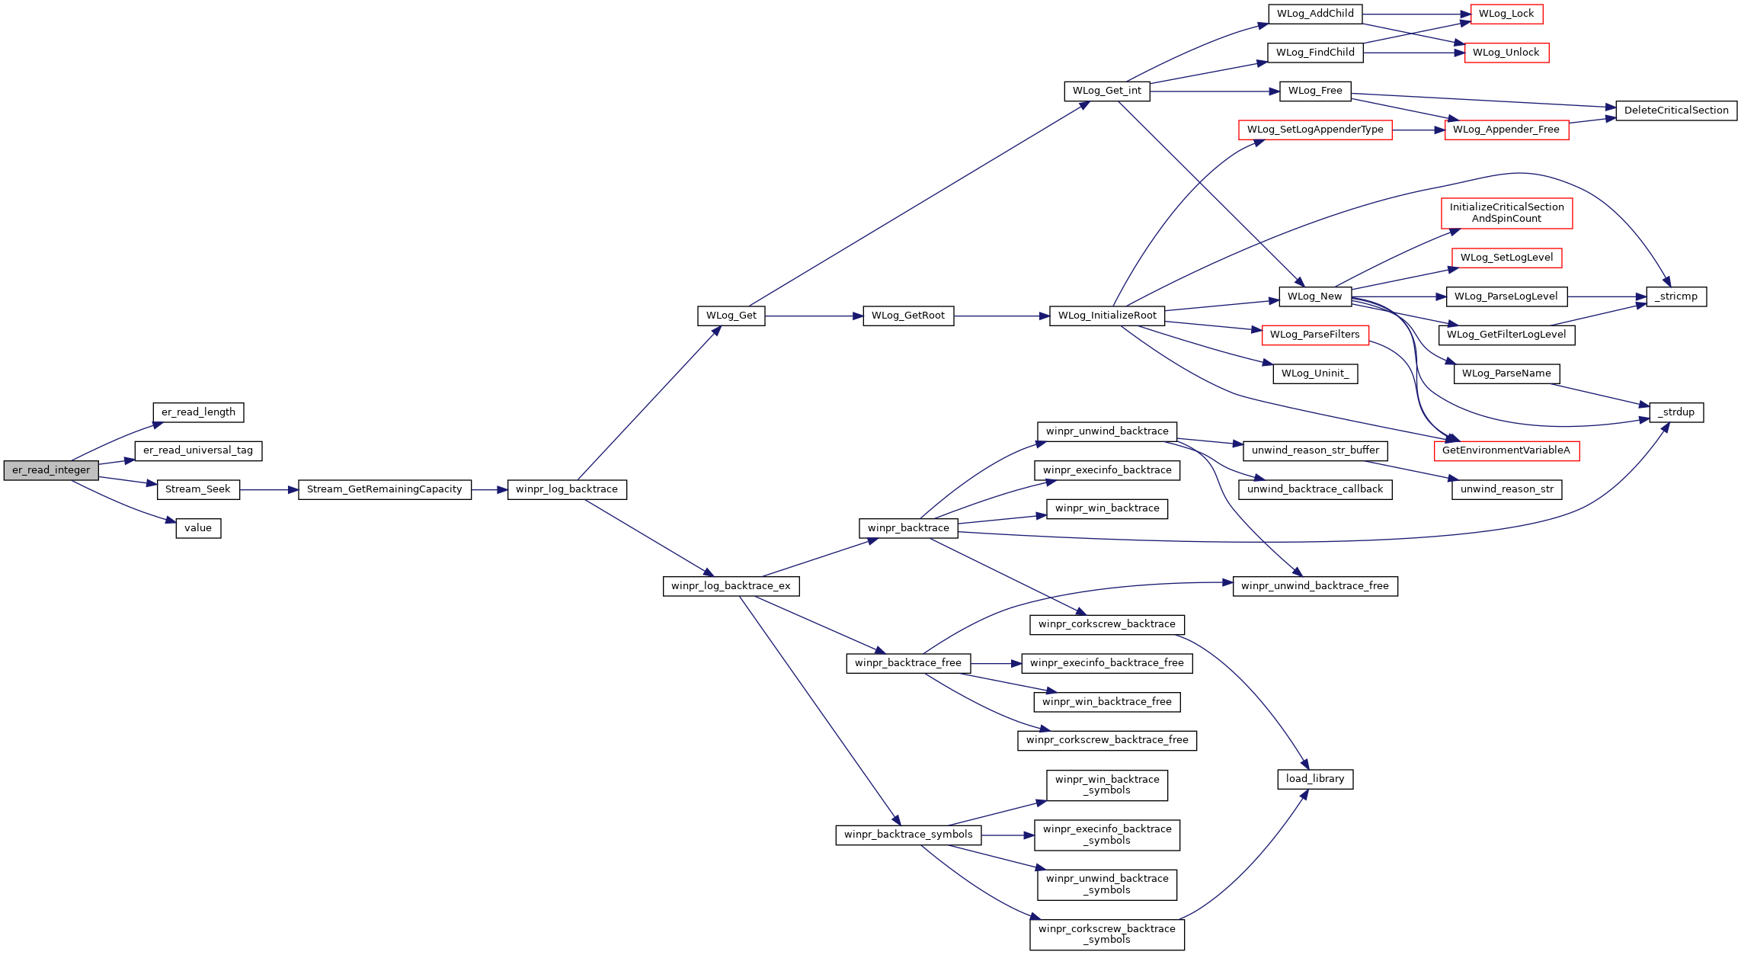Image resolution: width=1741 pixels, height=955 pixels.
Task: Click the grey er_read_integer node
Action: point(51,470)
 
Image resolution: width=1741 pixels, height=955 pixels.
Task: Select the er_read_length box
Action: point(198,412)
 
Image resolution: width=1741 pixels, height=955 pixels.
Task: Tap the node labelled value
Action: point(198,528)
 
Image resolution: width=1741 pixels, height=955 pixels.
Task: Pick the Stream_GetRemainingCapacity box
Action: point(385,489)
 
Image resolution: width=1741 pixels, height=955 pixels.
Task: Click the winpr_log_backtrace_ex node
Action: point(731,586)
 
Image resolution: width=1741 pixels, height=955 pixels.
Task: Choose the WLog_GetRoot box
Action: point(908,316)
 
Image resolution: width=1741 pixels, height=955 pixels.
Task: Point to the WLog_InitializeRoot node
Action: point(1107,316)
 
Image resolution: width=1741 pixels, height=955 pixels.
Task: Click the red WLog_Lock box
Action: point(1506,14)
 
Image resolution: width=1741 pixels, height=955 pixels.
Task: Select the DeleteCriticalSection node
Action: point(1676,111)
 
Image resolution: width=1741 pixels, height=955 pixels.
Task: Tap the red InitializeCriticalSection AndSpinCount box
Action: point(1506,213)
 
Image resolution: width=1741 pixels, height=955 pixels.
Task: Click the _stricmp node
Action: point(1676,296)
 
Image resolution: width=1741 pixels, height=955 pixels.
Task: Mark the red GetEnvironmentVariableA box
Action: point(1506,450)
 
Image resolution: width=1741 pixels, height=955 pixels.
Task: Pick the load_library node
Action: point(1315,779)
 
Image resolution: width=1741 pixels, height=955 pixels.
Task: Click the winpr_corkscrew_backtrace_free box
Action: point(1107,740)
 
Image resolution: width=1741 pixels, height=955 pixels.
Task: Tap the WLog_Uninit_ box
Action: point(1315,373)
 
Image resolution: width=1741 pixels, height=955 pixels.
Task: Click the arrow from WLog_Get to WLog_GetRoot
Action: point(814,316)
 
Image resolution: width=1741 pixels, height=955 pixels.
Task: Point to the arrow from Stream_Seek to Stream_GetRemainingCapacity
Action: point(269,489)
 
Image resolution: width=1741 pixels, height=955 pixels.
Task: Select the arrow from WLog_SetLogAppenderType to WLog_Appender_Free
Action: point(1419,130)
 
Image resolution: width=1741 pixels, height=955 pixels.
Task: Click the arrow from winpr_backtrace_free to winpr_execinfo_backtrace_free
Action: point(996,664)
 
